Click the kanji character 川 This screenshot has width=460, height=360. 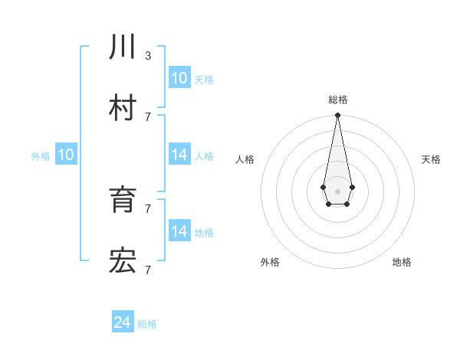pyautogui.click(x=123, y=48)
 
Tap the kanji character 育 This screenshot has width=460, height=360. pyautogui.click(x=123, y=200)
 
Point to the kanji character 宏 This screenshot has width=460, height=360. pyautogui.click(x=123, y=262)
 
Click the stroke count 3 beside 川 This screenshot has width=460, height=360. pyautogui.click(x=147, y=56)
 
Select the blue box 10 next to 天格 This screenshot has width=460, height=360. pyautogui.click(x=179, y=78)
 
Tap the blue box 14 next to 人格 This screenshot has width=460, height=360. pyautogui.click(x=179, y=155)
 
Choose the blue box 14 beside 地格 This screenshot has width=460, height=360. pyautogui.click(x=179, y=231)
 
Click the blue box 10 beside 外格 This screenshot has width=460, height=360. pyautogui.click(x=66, y=155)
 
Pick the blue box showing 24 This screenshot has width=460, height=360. pyautogui.click(x=123, y=323)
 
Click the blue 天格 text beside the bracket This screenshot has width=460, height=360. pyautogui.click(x=204, y=80)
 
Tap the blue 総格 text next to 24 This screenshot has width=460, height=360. pyautogui.click(x=147, y=325)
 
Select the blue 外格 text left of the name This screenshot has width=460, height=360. pyautogui.click(x=41, y=156)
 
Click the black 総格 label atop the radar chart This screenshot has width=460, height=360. pyautogui.click(x=338, y=100)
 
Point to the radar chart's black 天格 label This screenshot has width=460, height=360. pyautogui.click(x=431, y=159)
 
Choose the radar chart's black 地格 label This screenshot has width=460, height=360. pyautogui.click(x=402, y=262)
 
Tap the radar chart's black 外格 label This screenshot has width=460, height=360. pyautogui.click(x=270, y=262)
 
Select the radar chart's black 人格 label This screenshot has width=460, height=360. pyautogui.click(x=245, y=159)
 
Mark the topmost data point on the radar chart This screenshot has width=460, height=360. pyautogui.click(x=337, y=116)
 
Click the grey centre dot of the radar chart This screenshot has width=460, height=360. pyautogui.click(x=337, y=191)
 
